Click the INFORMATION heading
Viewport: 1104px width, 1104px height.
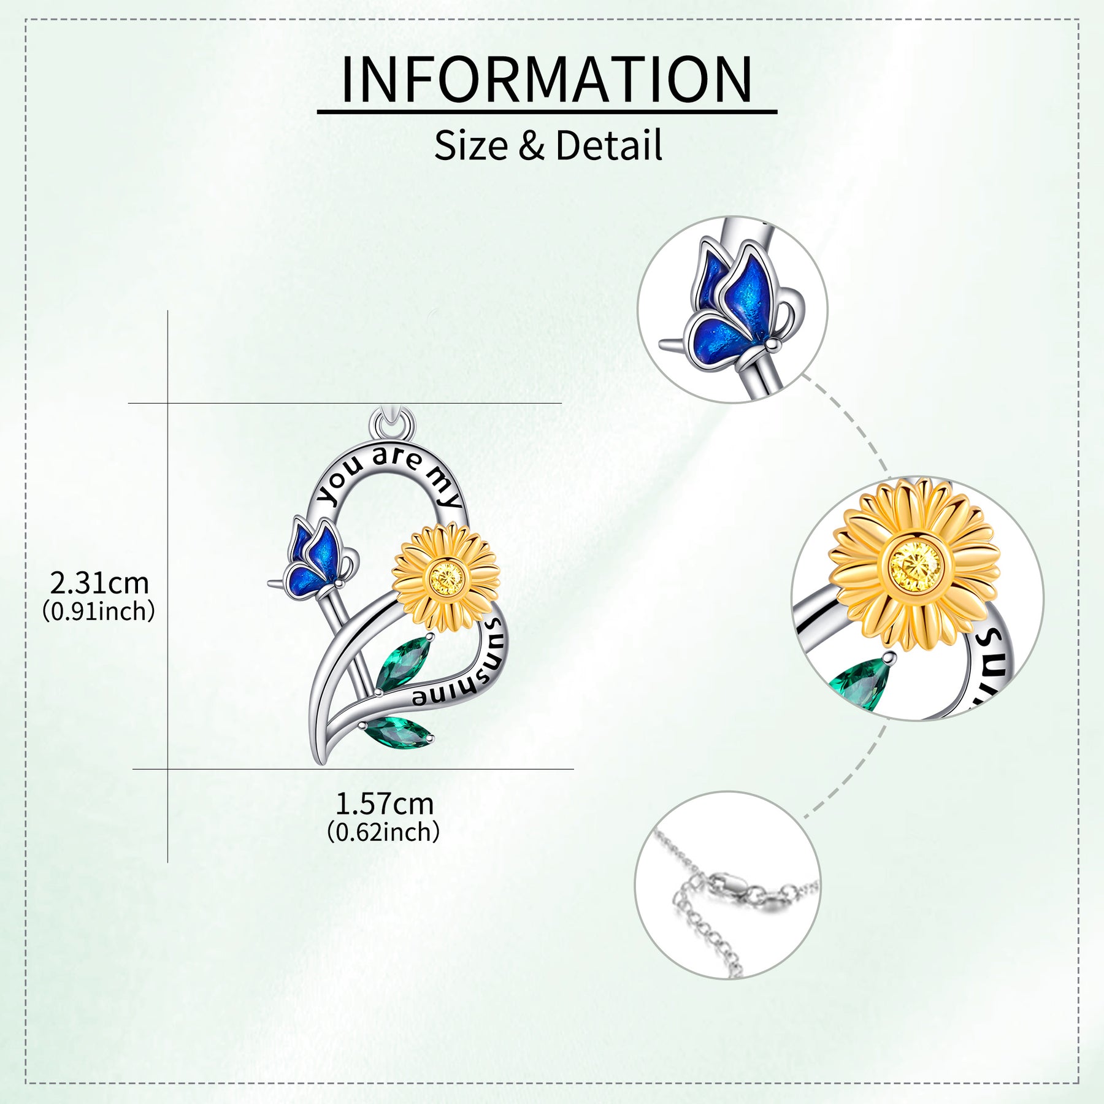(546, 80)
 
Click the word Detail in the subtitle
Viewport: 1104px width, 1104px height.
(609, 145)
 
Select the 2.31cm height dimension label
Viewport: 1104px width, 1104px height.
(99, 583)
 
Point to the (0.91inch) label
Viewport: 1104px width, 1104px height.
(99, 611)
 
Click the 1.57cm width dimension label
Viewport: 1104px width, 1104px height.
(385, 803)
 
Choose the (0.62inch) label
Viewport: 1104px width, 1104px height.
(383, 832)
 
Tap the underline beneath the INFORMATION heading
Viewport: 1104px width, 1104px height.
(546, 112)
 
